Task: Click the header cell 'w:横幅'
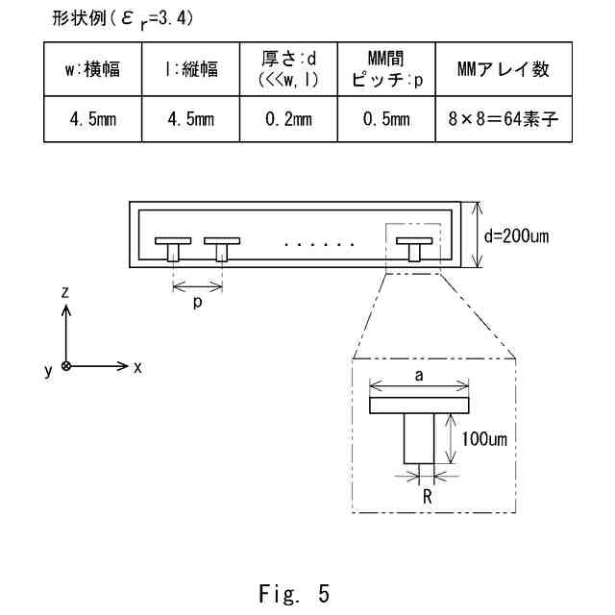point(92,70)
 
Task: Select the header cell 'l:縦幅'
point(190,70)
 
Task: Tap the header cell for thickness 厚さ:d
point(288,70)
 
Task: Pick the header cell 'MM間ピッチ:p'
point(386,70)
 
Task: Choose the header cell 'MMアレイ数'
point(504,70)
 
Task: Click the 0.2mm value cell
point(288,120)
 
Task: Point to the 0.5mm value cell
point(386,120)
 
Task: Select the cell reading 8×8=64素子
point(504,120)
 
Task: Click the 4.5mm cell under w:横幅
point(92,120)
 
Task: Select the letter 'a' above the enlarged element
point(419,376)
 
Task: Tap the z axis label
point(65,291)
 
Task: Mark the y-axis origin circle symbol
point(65,366)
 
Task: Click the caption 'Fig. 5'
point(294,593)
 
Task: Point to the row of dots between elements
point(320,245)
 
